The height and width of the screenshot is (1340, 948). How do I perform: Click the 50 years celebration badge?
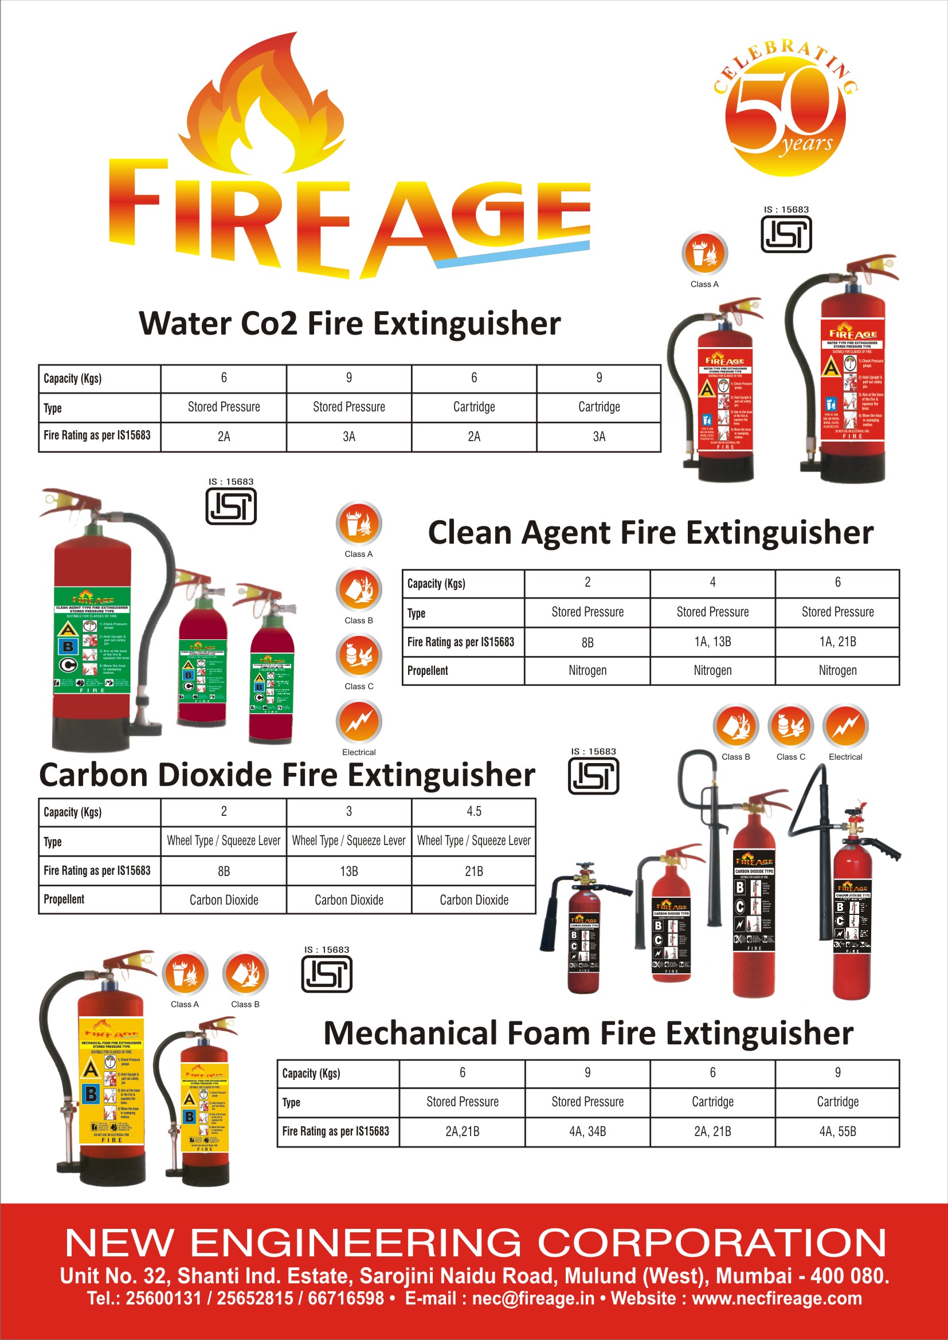785,111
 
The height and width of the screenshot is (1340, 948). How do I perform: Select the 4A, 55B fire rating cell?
837,1131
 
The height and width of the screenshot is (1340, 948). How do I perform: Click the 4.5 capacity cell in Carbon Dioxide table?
473,811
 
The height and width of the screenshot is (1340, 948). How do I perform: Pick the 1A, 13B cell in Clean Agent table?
712,642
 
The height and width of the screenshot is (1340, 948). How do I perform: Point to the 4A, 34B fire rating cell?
587,1131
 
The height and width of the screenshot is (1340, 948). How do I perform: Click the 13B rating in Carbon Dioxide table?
348,871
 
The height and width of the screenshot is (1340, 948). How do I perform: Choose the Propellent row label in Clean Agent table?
428,671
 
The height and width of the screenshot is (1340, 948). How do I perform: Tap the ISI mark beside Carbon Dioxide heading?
593,776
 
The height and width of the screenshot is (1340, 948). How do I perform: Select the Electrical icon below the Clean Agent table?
845,726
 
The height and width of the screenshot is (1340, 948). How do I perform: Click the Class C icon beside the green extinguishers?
358,656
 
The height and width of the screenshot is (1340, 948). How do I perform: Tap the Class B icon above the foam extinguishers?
245,973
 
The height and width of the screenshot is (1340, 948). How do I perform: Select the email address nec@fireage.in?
533,1299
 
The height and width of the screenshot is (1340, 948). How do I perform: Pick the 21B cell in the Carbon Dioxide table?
473,871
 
